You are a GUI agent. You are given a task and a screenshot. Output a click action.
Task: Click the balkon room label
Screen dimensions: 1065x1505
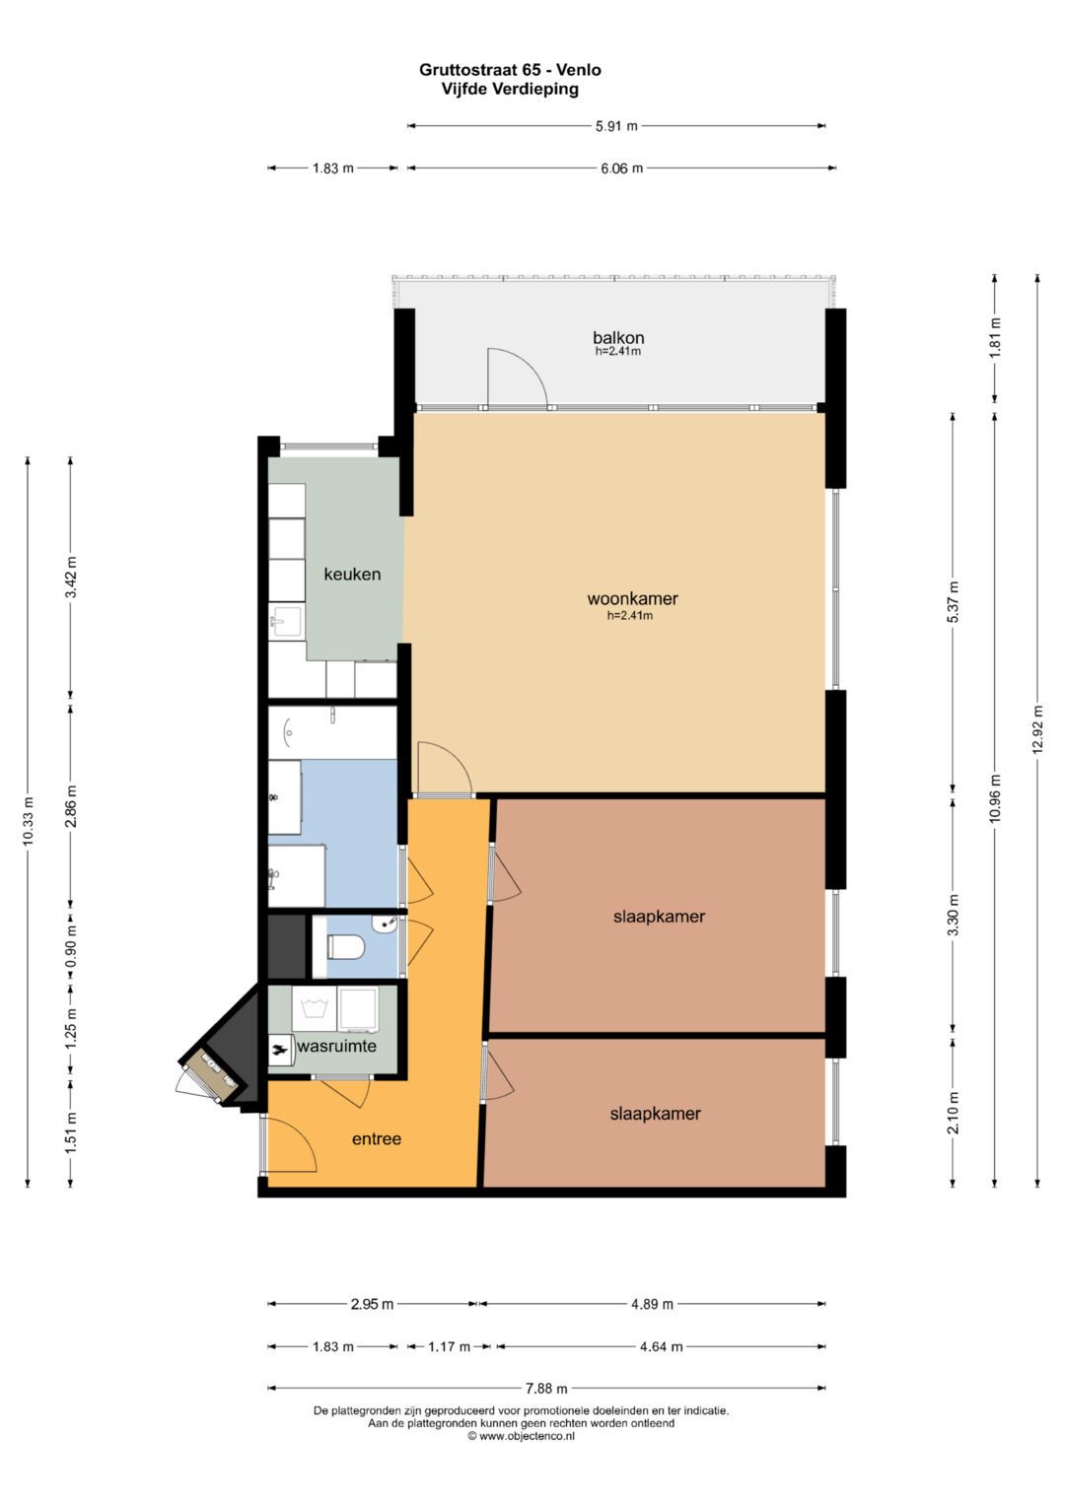pos(618,337)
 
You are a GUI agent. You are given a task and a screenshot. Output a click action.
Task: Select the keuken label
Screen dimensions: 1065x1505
pos(352,575)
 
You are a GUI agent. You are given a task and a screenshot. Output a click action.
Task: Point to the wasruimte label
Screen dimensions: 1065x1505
pos(336,1046)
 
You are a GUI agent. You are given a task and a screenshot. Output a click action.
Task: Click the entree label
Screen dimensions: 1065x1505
pos(377,1138)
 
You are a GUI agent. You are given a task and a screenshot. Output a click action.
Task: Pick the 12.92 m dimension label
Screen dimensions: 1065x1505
pos(1037,729)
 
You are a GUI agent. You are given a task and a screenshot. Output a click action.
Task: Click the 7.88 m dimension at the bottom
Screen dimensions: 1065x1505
pos(546,1388)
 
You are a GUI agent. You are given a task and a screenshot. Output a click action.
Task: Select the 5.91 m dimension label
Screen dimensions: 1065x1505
pos(616,125)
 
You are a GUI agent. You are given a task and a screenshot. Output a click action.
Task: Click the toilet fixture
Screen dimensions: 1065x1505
pos(345,947)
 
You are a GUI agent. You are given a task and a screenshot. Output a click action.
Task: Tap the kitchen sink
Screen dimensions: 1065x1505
pos(287,621)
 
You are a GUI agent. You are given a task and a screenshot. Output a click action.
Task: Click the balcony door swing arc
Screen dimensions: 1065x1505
pos(532,370)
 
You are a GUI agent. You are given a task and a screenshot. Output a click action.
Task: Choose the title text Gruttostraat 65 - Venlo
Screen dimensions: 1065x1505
pos(511,70)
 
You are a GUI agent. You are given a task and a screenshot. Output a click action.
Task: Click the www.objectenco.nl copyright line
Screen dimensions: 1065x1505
pos(521,1436)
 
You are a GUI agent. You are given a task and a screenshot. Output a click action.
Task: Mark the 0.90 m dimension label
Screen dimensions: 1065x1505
pos(71,947)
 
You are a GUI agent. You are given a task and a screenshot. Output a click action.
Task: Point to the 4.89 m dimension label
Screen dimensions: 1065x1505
pos(652,1304)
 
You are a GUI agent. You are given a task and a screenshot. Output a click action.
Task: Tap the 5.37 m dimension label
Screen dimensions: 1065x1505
pos(953,601)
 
